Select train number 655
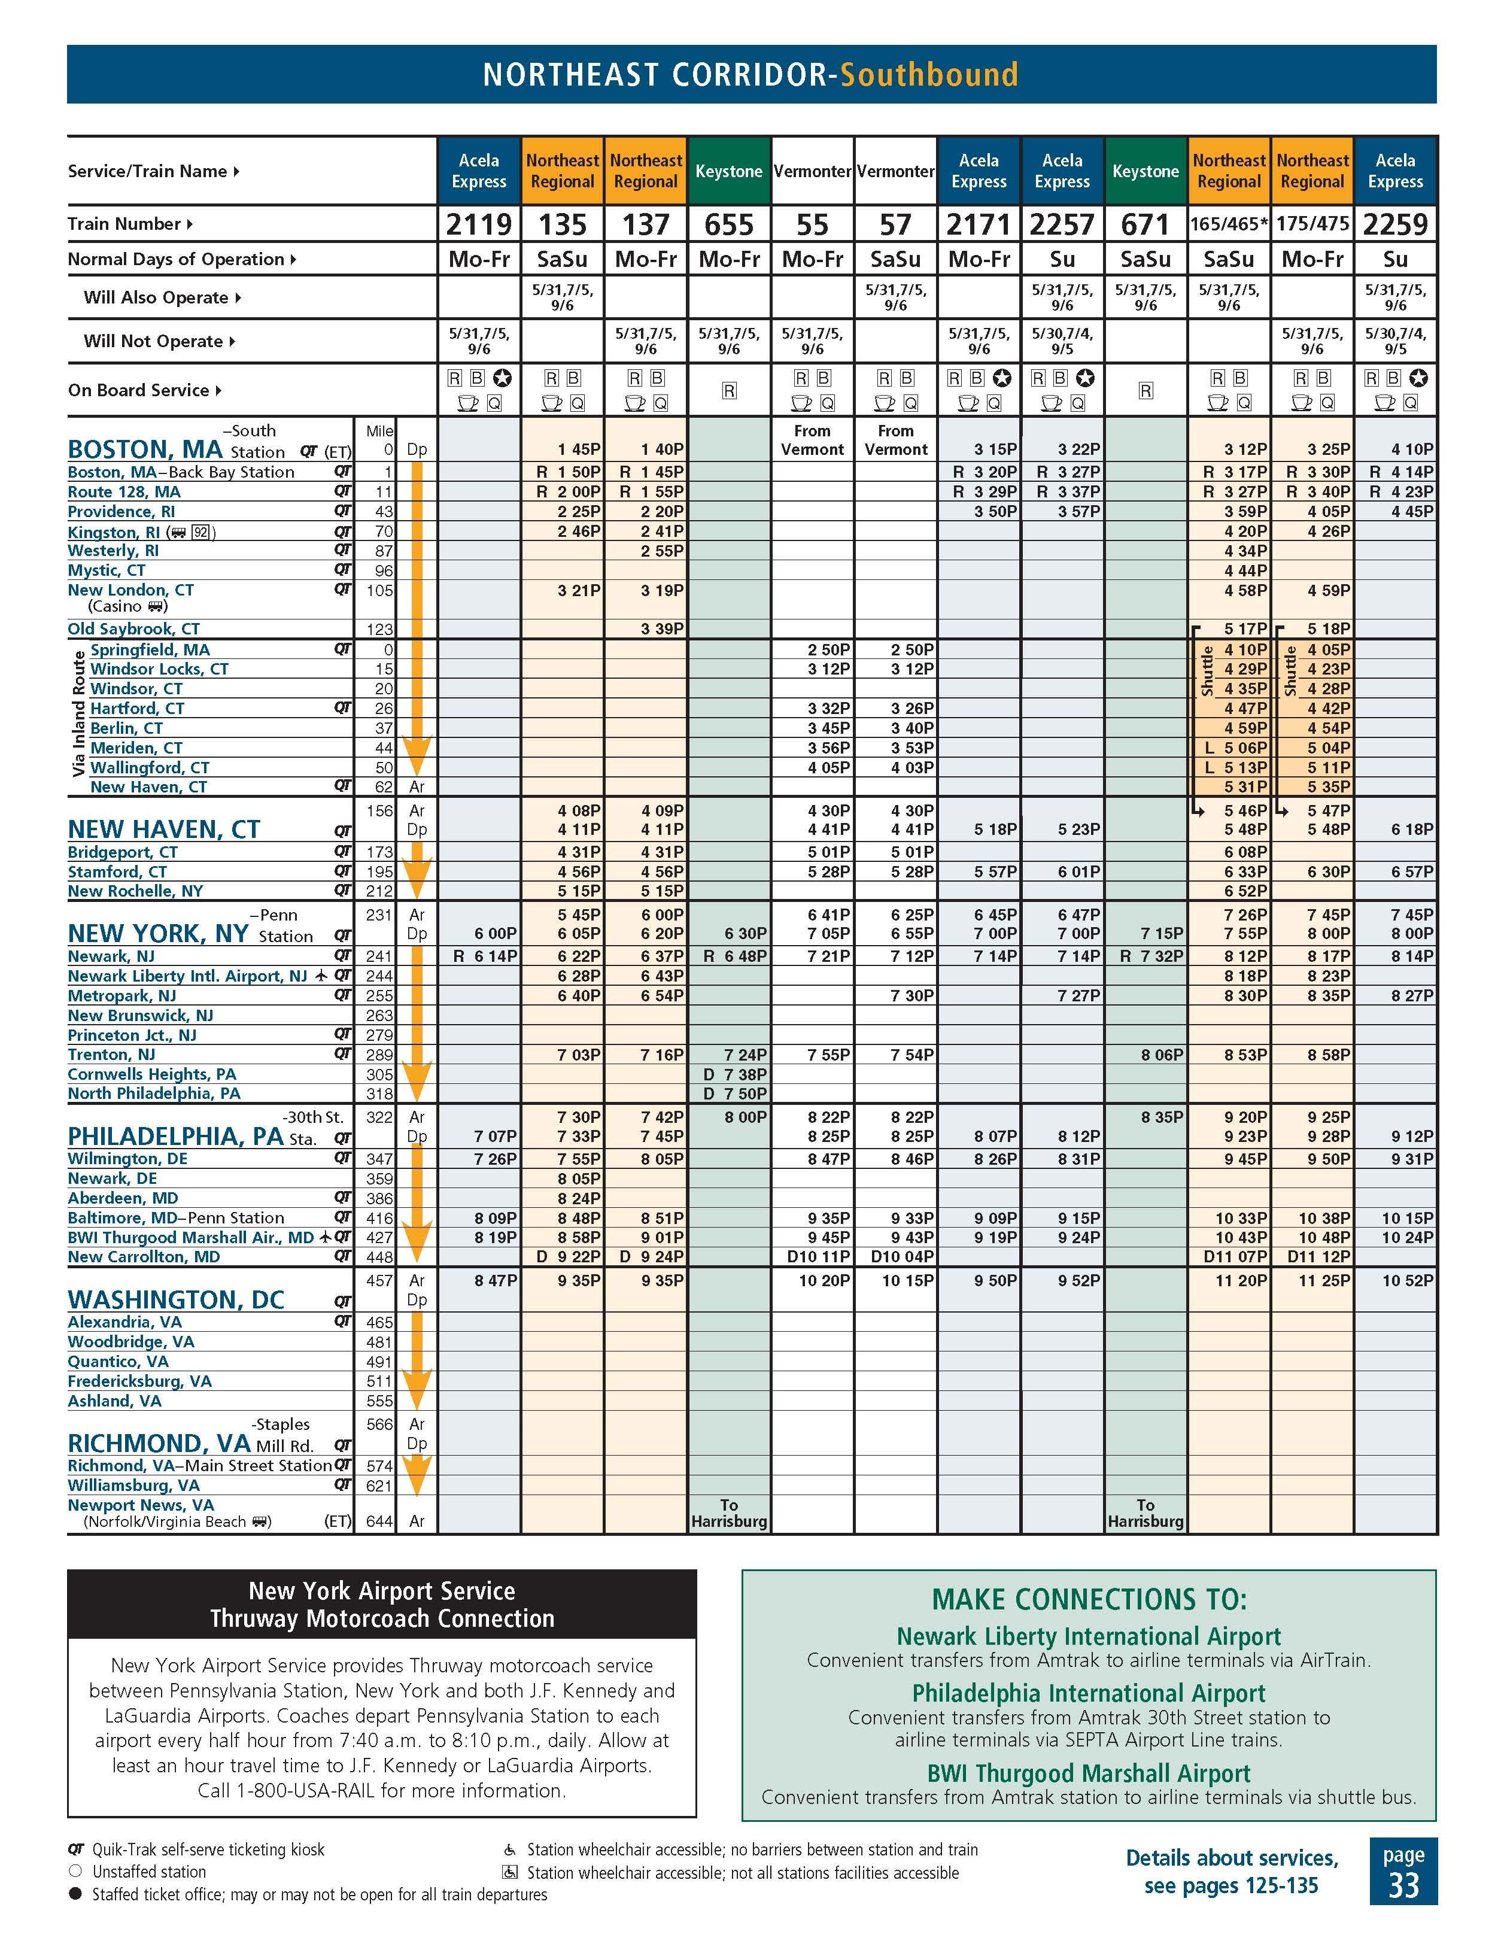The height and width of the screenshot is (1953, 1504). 729,224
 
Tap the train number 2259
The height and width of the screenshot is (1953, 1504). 1395,224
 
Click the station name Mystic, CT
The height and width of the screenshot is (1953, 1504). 107,570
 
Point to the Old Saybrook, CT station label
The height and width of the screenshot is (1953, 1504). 134,628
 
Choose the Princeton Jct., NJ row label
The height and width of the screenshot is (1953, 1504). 132,1035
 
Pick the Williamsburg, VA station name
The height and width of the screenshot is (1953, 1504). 134,1486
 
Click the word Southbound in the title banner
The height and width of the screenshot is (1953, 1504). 929,74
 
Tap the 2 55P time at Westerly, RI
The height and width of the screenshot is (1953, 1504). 663,551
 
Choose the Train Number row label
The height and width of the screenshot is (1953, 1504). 124,224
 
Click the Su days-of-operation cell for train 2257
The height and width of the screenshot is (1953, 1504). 1062,259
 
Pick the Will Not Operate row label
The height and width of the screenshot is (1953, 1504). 153,342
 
